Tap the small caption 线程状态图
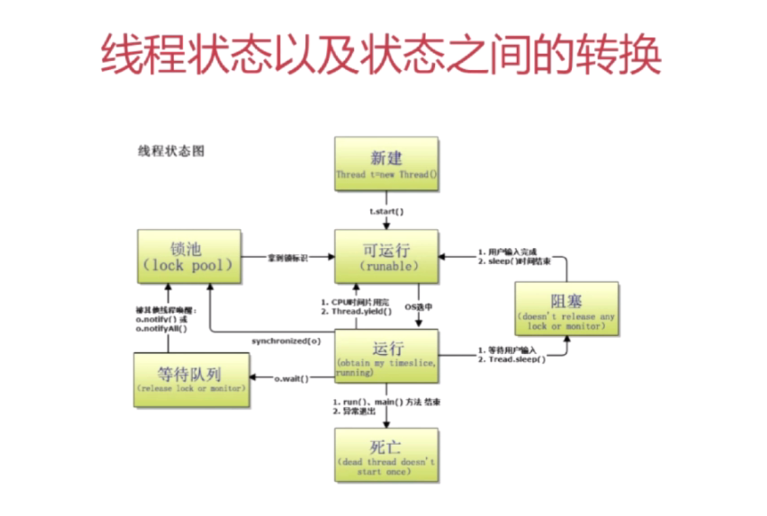click(x=171, y=151)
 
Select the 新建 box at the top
click(x=386, y=163)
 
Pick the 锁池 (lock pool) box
click(x=188, y=256)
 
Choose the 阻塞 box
click(x=566, y=309)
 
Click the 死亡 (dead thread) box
click(x=386, y=454)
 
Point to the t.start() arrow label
click(x=386, y=211)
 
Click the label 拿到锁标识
click(x=287, y=258)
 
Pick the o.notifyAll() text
click(x=161, y=328)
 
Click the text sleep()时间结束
click(x=519, y=261)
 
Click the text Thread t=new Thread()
click(x=386, y=175)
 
